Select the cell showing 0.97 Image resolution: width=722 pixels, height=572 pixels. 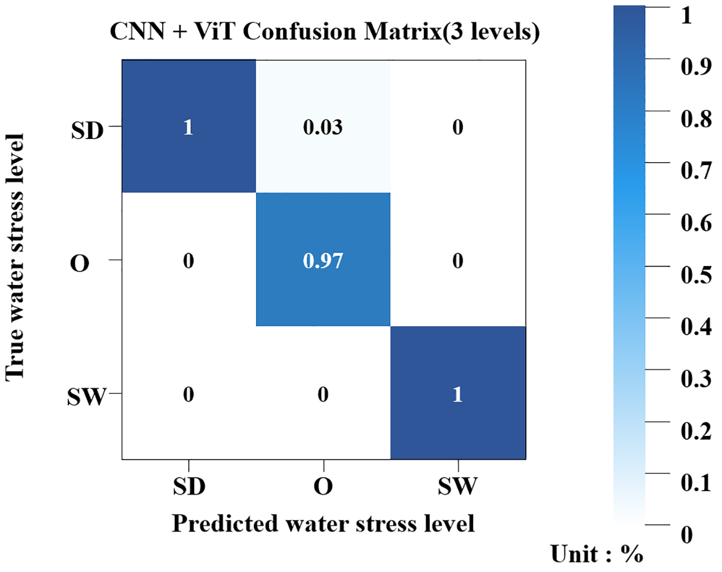click(323, 260)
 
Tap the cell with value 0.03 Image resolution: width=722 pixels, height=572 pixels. click(323, 127)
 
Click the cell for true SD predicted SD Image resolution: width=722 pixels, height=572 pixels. click(189, 127)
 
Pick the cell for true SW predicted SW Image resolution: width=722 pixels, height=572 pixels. click(458, 393)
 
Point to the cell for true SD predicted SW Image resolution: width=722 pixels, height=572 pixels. click(458, 127)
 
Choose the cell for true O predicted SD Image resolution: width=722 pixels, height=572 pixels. click(189, 260)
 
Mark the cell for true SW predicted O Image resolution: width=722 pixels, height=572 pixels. click(323, 393)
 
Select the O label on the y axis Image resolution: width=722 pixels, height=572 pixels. click(80, 262)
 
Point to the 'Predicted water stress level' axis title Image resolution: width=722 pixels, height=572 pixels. click(323, 523)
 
